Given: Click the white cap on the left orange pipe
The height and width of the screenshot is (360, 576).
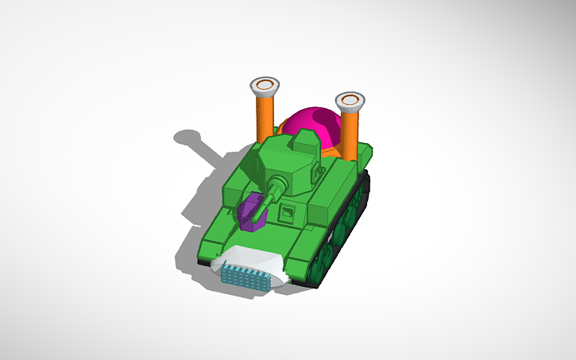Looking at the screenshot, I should tap(265, 84).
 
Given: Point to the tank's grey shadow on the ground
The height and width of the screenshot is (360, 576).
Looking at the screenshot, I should tap(199, 199).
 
